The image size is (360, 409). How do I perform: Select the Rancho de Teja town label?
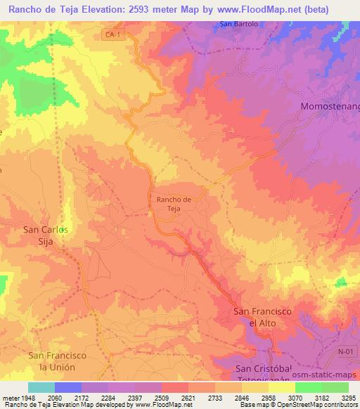tap(169, 204)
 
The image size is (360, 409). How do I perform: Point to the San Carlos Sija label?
tap(46, 234)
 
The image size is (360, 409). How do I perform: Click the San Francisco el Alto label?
tap(262, 316)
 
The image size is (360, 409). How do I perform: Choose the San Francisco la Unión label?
tap(57, 361)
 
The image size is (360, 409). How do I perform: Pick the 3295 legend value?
tap(347, 398)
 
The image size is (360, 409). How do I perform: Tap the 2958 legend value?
tap(268, 398)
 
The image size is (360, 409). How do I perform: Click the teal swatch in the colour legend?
tap(41, 387)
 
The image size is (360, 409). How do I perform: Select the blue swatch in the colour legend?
tap(68, 387)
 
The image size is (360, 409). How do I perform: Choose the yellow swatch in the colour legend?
tap(281, 387)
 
